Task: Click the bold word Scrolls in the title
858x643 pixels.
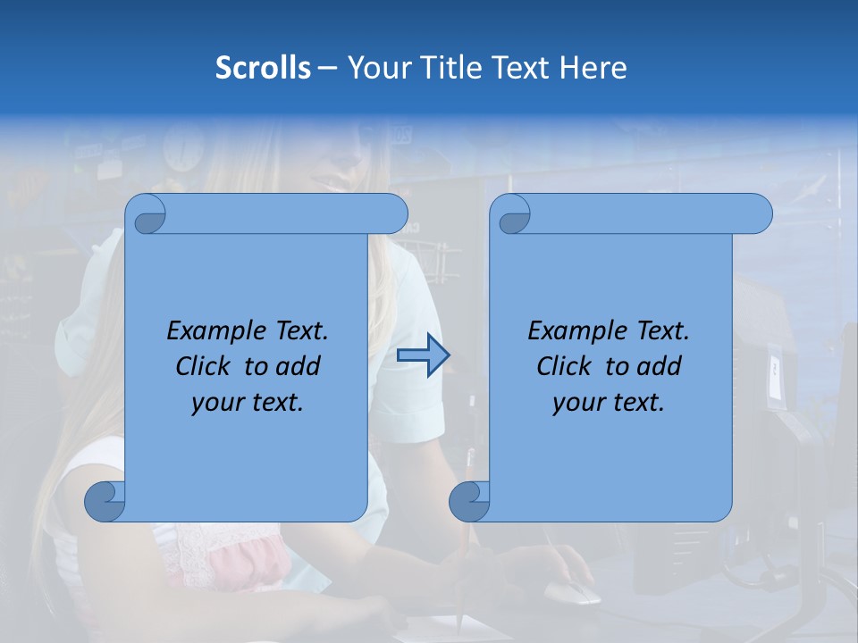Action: tap(263, 67)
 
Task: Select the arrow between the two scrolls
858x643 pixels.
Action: tap(423, 355)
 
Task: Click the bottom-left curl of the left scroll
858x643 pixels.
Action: tap(105, 501)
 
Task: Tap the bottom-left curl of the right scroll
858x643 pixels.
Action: tap(469, 501)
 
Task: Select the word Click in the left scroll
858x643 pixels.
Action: tap(203, 366)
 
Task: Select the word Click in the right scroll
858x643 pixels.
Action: tap(564, 366)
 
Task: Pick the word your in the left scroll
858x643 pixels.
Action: tap(214, 403)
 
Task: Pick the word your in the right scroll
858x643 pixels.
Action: tap(576, 403)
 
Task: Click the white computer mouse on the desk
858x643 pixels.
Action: tap(571, 592)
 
